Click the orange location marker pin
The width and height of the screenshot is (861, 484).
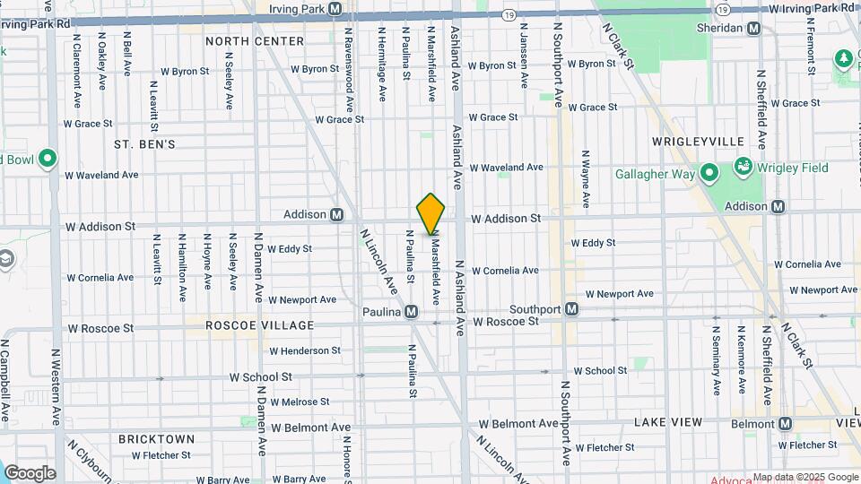point(431,213)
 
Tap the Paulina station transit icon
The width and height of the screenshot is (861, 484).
point(411,311)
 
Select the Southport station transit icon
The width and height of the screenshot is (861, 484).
point(571,309)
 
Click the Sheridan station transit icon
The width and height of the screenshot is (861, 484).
point(754,28)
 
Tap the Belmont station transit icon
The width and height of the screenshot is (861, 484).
point(786,424)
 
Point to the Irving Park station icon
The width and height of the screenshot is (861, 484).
point(335,8)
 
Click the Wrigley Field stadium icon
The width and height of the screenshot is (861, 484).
point(743,167)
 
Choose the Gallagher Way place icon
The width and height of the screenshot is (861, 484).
point(709,173)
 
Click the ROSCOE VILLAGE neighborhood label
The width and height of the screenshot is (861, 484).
point(260,325)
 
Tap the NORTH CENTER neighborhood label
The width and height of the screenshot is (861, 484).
point(255,41)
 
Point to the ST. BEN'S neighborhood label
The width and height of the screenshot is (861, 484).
point(144,143)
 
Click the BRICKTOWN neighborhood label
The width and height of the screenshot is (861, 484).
point(157,439)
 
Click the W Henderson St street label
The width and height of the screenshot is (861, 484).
point(305,350)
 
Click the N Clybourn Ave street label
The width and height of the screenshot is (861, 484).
point(90,460)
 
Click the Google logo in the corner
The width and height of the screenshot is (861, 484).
point(30,472)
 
